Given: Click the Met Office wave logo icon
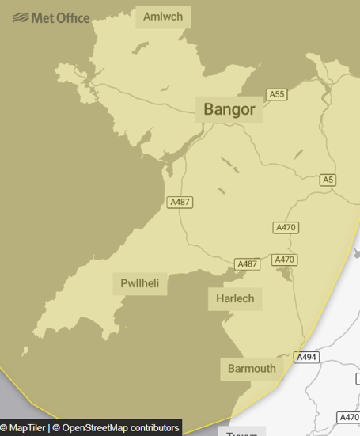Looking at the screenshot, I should point(21,17).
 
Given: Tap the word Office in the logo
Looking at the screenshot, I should point(72,17).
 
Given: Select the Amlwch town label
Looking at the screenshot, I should point(163,17).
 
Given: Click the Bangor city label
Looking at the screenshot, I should point(229,109).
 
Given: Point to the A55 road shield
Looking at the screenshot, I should point(276,94).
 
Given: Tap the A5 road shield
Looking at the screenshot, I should point(328,180).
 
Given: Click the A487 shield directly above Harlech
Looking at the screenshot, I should point(248,263).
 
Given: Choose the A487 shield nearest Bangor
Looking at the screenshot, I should point(180,203).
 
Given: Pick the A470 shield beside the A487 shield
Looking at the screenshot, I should point(284,260).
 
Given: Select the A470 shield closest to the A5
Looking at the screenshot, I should point(286,227).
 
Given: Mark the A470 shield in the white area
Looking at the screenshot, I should point(348,417).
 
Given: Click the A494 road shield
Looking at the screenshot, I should point(306,358).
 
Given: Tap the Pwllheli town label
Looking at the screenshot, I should point(140,283).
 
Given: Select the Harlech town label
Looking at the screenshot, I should point(235,298).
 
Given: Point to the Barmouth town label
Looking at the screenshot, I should point(252,368).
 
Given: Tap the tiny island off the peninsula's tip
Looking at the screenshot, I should point(26,349).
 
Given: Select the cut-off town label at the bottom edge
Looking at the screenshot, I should point(241,434).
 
